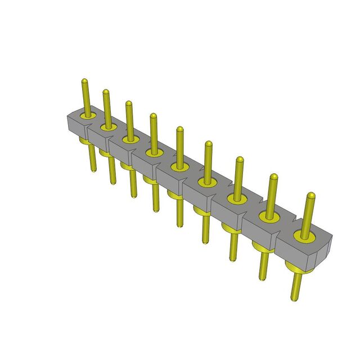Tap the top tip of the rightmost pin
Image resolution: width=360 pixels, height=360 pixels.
coord(311,195)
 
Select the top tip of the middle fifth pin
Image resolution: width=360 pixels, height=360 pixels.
coord(179,129)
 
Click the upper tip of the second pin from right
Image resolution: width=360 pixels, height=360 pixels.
coord(274,177)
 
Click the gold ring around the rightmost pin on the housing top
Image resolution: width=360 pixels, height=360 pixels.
coord(304,237)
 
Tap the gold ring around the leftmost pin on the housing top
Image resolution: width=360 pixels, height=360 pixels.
coord(87,116)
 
